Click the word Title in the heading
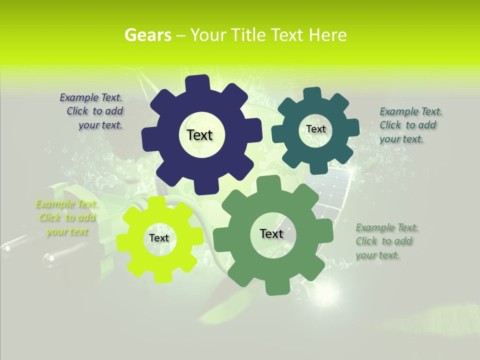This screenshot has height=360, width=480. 248,35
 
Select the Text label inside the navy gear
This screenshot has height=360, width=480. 199,135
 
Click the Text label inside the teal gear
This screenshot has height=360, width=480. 315,129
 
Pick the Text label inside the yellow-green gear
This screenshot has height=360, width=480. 159,238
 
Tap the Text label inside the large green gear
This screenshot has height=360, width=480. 271,233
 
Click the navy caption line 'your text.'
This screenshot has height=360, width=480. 100,125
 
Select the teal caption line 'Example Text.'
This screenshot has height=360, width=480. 410,111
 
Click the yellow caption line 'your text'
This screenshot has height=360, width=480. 67,231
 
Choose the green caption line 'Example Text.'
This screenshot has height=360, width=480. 387,228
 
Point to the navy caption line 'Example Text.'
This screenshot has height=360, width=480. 91,97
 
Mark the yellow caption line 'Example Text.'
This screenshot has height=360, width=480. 67,204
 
